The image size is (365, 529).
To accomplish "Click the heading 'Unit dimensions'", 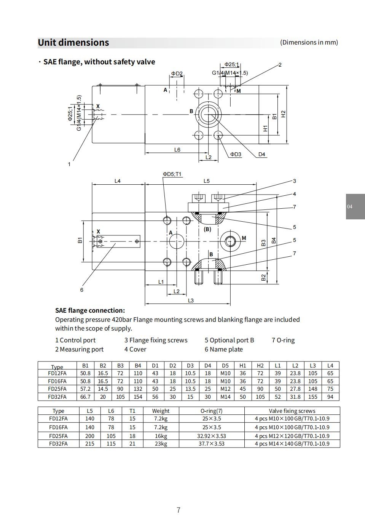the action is [x=73, y=43].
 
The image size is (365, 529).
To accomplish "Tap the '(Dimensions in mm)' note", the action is [x=309, y=42].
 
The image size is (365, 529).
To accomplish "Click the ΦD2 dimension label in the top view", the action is [x=177, y=74].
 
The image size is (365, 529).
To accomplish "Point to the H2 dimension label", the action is [x=284, y=114].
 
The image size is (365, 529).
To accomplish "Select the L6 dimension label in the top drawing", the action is [x=177, y=150].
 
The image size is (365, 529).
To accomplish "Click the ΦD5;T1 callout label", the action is [x=172, y=174].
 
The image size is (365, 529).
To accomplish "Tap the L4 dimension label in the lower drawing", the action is [x=118, y=181].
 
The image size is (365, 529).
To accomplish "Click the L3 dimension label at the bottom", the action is [x=191, y=300].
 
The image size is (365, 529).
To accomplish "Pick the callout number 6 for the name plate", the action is [x=81, y=290].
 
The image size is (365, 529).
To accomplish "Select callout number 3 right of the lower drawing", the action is [x=295, y=181].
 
